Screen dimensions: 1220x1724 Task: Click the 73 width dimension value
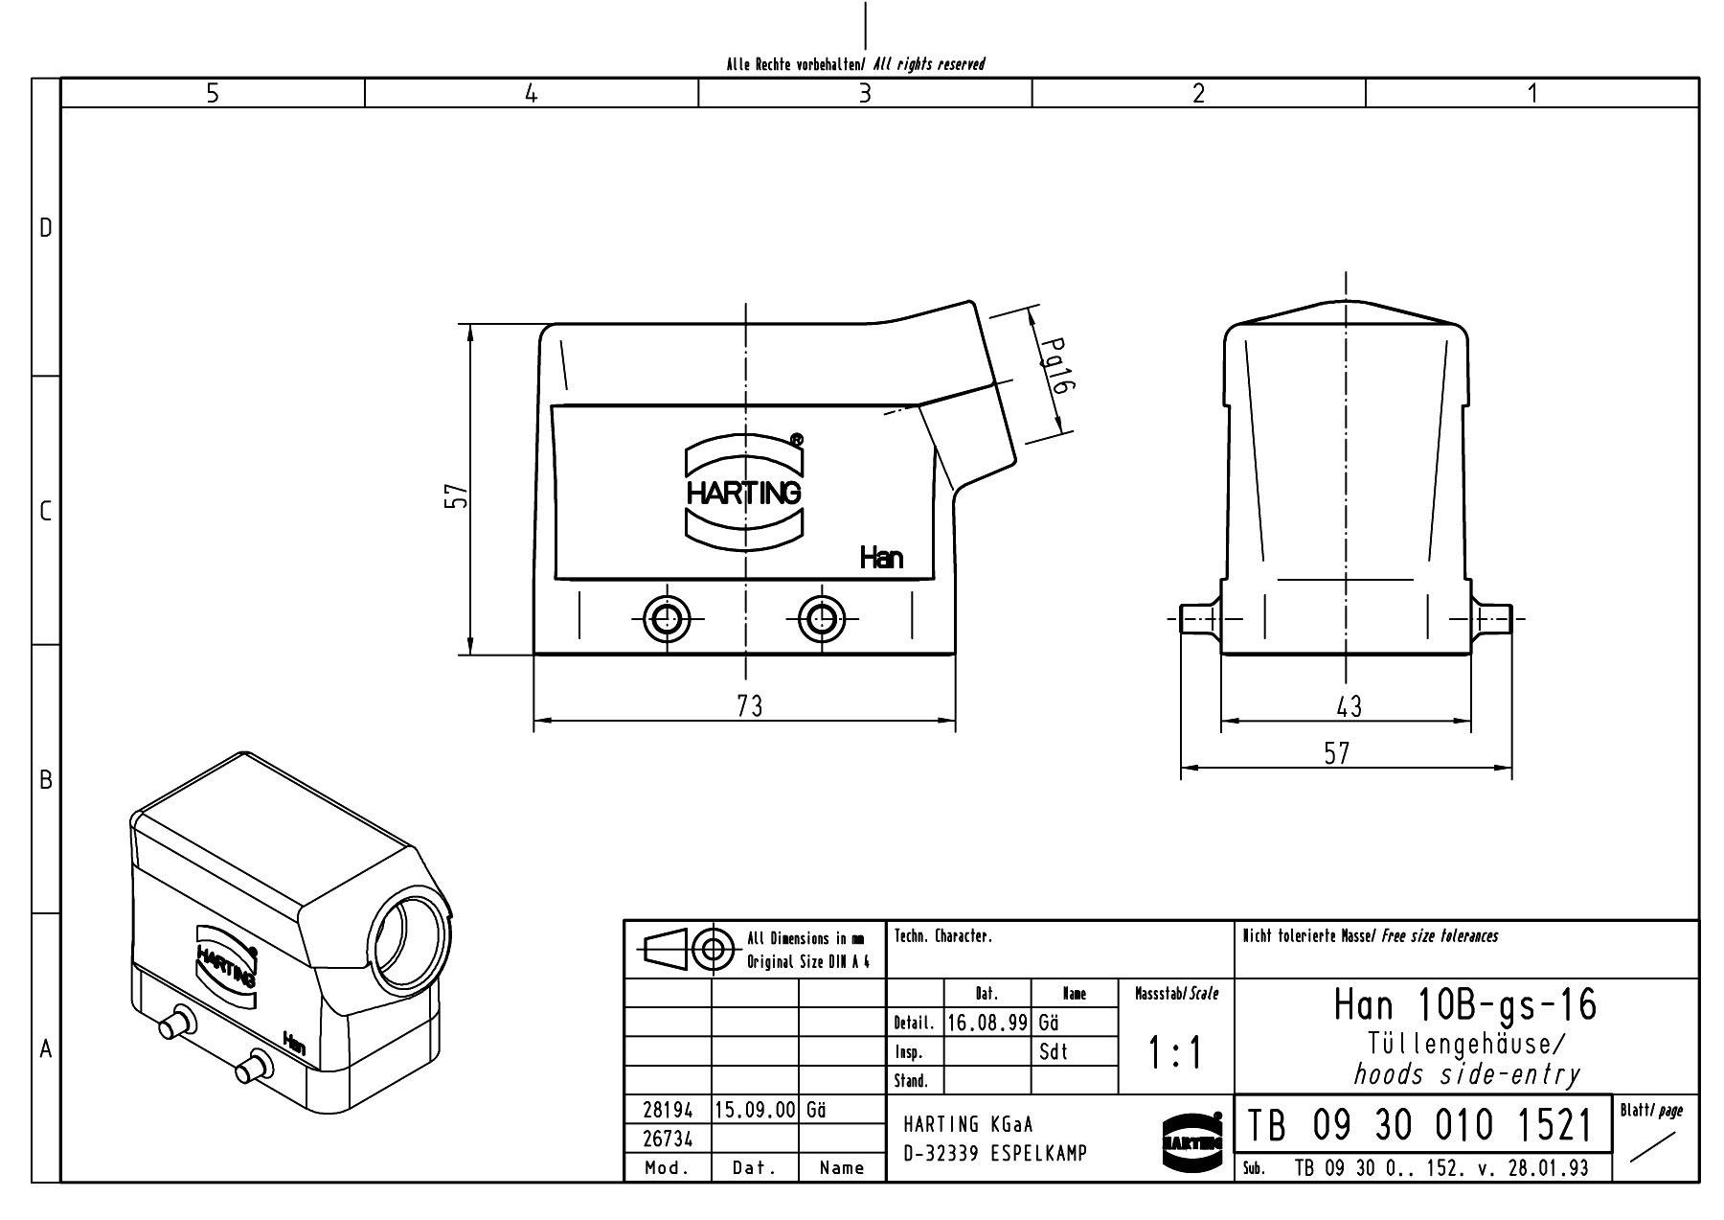[x=750, y=706]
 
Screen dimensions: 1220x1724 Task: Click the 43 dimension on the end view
[x=1348, y=707]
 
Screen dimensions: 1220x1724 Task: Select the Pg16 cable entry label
[x=1055, y=366]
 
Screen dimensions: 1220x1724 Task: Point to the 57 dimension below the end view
[x=1337, y=754]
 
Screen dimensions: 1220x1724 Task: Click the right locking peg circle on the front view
[x=821, y=618]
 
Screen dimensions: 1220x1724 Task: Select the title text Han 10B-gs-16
[x=1465, y=1004]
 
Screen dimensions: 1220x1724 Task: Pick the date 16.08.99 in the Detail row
[x=987, y=1023]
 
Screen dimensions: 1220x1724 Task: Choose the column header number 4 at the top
[x=532, y=93]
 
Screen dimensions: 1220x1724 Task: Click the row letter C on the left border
[x=45, y=511]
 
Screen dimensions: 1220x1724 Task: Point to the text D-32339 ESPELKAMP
[x=995, y=1153]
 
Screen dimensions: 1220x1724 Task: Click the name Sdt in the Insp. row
[x=1053, y=1051]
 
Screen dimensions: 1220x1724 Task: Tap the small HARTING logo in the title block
[x=1191, y=1141]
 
